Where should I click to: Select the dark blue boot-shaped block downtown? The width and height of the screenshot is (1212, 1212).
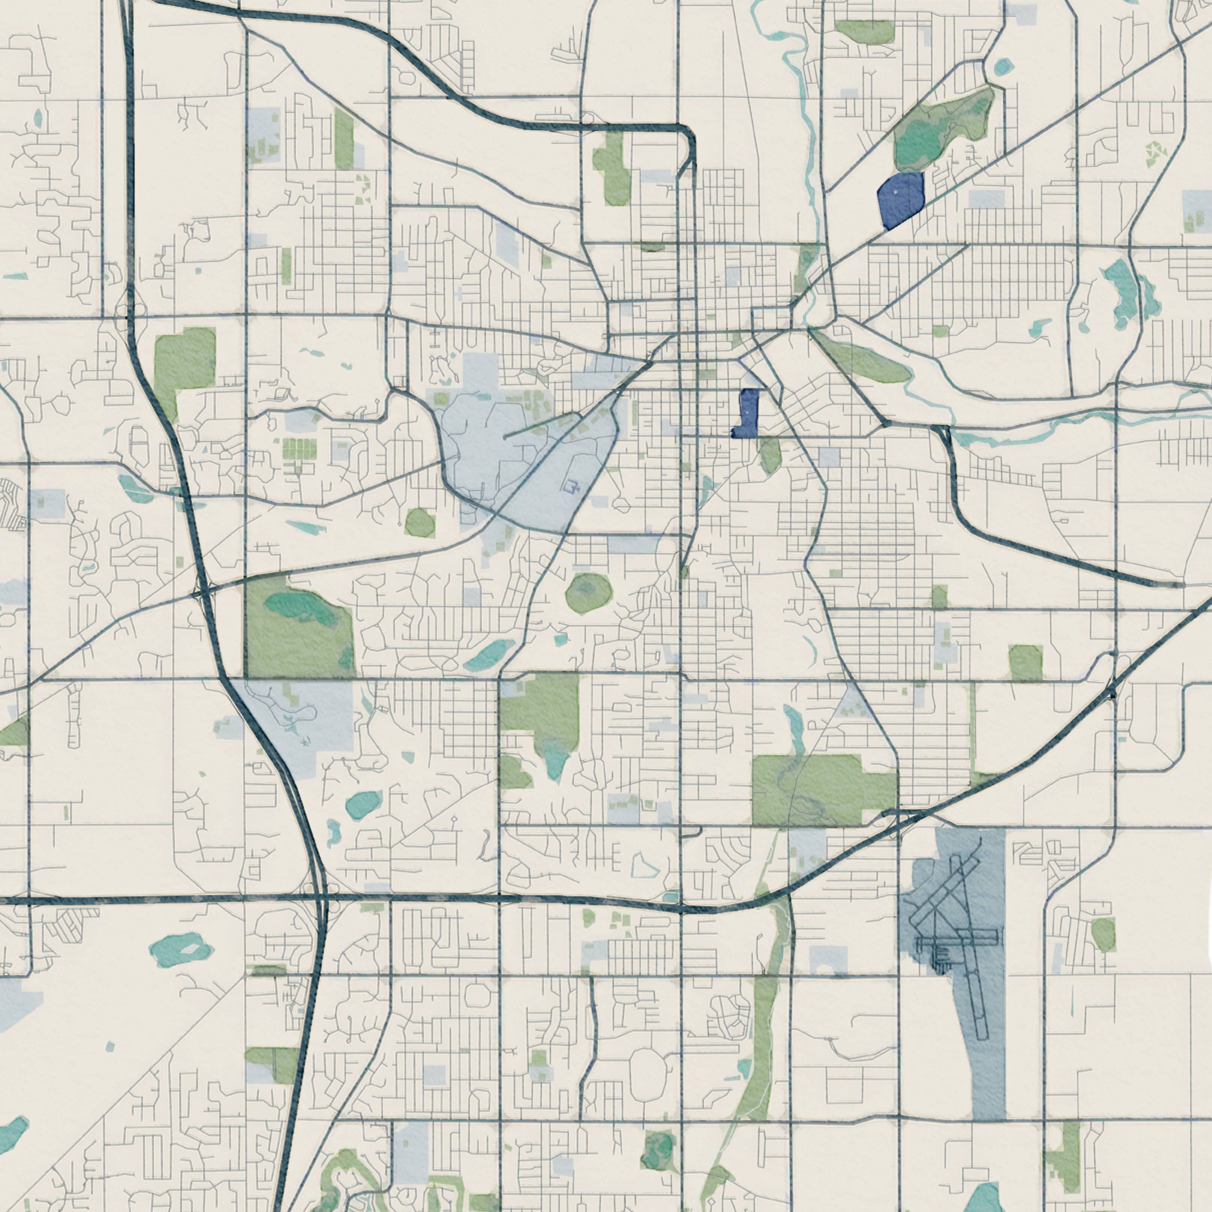pos(747,414)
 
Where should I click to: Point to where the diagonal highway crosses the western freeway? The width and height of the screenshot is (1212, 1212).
pos(202,592)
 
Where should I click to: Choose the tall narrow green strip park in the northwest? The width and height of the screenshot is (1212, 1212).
pos(344,139)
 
